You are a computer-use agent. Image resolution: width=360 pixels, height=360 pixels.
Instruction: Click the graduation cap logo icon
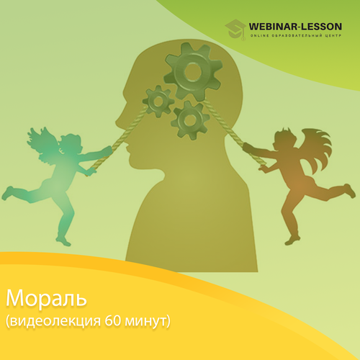pos(235,30)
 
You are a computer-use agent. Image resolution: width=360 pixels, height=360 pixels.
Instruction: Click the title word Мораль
pos(46,298)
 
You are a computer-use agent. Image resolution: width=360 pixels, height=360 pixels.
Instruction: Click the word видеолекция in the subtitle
pos(55,322)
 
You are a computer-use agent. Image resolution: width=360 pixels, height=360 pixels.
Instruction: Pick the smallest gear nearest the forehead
pos(158,102)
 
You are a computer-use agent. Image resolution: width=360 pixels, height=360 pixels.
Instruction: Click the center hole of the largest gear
pos(193,71)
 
